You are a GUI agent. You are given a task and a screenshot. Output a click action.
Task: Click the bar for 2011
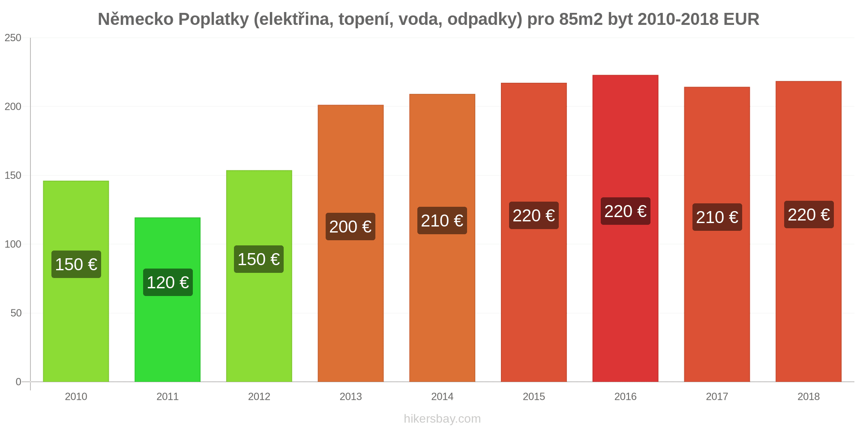click(x=168, y=299)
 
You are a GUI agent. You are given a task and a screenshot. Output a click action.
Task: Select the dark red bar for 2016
click(x=625, y=228)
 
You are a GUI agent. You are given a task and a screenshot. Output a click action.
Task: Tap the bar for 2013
click(x=351, y=243)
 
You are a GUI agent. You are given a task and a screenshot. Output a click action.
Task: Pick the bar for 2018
click(x=809, y=231)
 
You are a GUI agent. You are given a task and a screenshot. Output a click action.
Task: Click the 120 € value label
click(x=168, y=282)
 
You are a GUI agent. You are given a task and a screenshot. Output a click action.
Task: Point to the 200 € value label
click(x=351, y=227)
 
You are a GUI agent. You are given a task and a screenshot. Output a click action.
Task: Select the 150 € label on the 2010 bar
click(x=76, y=264)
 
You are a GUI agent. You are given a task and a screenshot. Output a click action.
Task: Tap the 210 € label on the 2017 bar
click(x=717, y=217)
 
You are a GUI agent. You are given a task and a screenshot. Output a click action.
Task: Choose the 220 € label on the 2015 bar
click(x=534, y=215)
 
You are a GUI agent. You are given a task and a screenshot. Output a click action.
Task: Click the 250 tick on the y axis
click(x=13, y=38)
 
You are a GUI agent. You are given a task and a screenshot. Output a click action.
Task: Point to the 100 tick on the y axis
click(x=13, y=244)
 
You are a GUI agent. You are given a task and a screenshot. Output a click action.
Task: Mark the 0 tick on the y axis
click(x=18, y=382)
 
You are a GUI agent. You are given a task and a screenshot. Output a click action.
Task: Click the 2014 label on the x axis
click(x=442, y=396)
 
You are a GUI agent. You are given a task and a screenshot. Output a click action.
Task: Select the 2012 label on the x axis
click(x=259, y=396)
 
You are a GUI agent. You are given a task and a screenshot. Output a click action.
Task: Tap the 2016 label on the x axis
click(x=626, y=396)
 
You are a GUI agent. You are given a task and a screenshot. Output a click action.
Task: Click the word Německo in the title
click(x=136, y=19)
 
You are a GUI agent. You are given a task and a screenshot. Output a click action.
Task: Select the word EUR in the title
click(x=741, y=19)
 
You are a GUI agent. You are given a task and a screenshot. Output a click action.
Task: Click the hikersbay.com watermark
click(x=442, y=419)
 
